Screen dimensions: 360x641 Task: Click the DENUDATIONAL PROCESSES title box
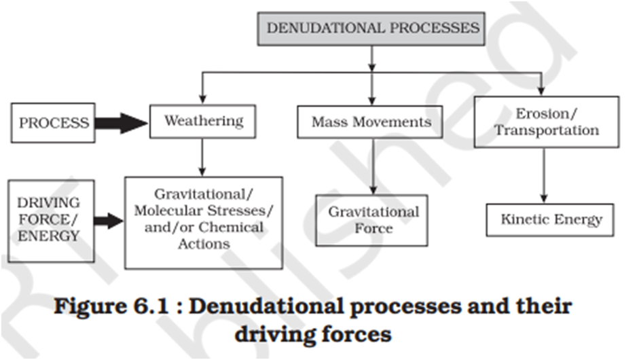point(371,29)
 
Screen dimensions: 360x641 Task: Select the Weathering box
point(202,122)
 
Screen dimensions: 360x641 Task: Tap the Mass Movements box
point(371,122)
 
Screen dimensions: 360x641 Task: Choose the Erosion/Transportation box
point(546,122)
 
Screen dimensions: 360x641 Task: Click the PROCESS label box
point(54,123)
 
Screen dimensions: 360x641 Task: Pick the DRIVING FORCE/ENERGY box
point(48,220)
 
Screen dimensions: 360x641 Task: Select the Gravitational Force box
point(373,220)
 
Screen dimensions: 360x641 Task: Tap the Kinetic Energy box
point(551,219)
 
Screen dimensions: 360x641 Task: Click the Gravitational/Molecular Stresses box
point(203,222)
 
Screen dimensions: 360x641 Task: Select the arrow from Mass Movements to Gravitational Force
point(373,166)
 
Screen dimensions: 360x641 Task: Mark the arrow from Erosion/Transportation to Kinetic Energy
point(543,175)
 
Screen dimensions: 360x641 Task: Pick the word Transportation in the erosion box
point(546,130)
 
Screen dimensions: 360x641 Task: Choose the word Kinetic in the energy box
point(526,219)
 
